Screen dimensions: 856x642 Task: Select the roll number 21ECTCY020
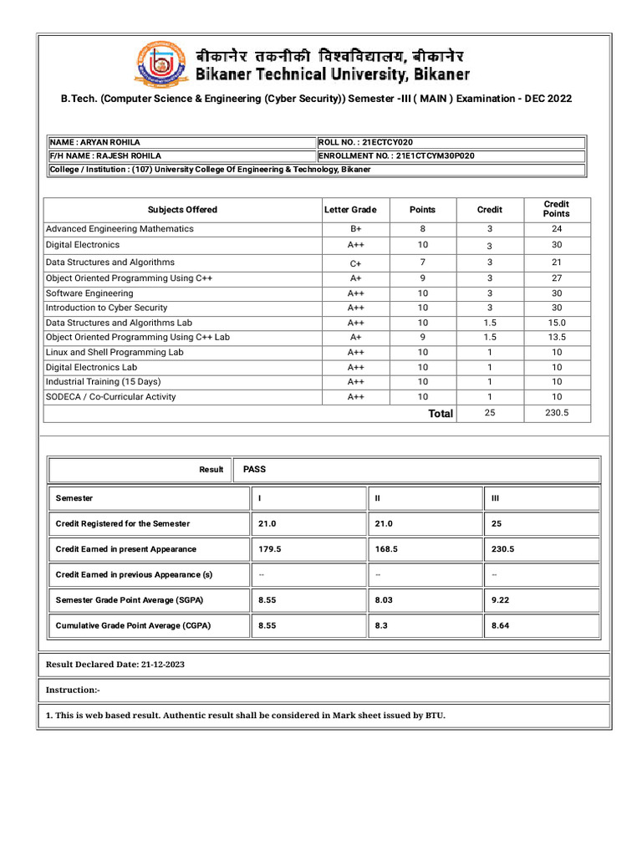[387, 142]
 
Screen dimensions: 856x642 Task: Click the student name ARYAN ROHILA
[113, 142]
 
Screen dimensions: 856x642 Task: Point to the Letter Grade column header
[350, 210]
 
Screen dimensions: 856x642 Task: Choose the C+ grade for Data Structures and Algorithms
[356, 262]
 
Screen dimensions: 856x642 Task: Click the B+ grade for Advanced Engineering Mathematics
[356, 229]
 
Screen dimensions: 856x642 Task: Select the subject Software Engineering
[89, 293]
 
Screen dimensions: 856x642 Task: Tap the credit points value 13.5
[556, 337]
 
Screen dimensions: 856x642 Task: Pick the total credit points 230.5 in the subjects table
[556, 413]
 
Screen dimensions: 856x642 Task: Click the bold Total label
[441, 414]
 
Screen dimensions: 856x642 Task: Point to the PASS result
[254, 469]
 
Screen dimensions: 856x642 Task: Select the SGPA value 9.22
[500, 600]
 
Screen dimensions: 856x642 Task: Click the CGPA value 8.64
[500, 625]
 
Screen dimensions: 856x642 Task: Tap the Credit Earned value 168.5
[385, 549]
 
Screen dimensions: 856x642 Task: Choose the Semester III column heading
[495, 498]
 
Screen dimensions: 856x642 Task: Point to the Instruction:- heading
[73, 690]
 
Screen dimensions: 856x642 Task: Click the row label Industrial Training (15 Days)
[104, 381]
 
